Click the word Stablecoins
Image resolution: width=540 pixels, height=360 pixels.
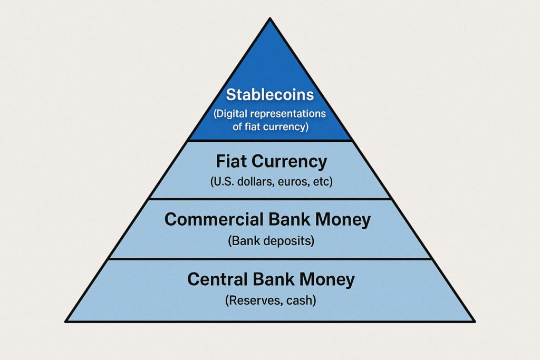[x=269, y=95]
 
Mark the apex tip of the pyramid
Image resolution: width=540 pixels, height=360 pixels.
[x=270, y=19]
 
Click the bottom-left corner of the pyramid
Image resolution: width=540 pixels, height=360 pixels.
[x=66, y=321]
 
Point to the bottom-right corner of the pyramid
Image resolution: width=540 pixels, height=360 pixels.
[x=474, y=321]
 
